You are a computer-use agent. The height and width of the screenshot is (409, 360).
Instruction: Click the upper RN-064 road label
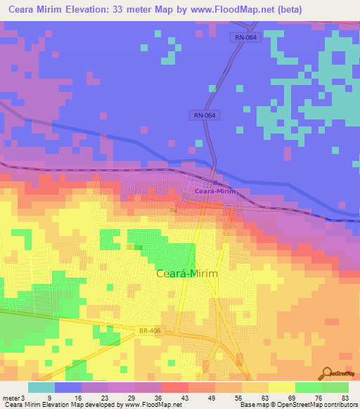(246, 38)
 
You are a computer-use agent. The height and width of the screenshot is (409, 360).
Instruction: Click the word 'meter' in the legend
(11, 398)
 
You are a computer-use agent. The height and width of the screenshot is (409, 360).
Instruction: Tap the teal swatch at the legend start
(41, 387)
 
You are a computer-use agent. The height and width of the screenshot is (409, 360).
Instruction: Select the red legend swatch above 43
(174, 387)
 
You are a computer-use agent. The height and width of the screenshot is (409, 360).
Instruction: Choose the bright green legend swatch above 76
(308, 387)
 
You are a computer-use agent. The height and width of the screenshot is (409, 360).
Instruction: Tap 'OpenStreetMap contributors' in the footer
(318, 405)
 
